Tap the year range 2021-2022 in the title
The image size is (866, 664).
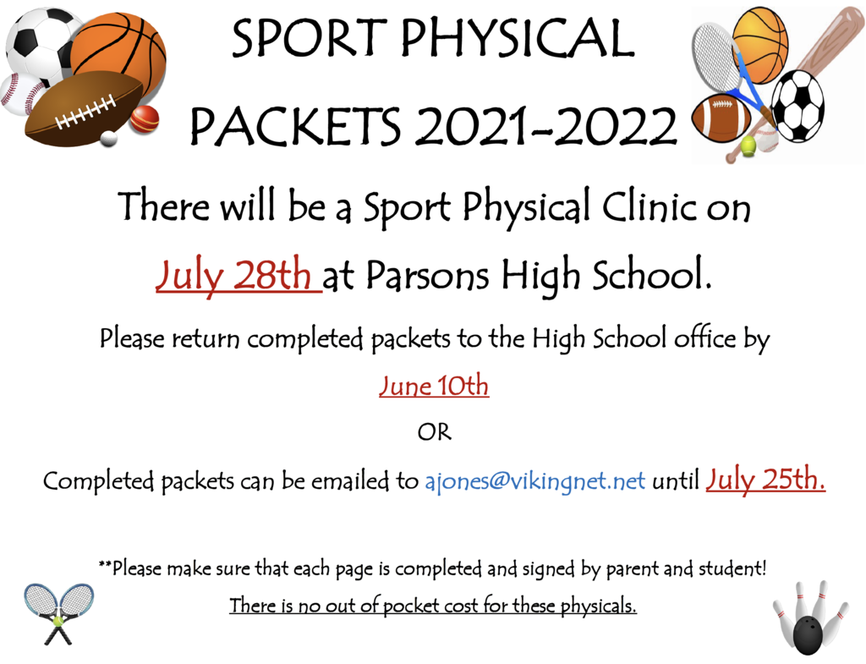click(546, 125)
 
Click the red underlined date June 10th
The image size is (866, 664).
click(434, 385)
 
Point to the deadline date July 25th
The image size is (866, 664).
click(765, 480)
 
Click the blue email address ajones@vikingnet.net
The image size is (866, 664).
click(534, 481)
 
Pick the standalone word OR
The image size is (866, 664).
click(435, 432)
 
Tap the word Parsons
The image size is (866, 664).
click(427, 275)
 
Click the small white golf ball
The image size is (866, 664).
click(109, 139)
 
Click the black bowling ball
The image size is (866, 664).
click(811, 635)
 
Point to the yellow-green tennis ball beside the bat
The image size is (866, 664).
click(748, 145)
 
